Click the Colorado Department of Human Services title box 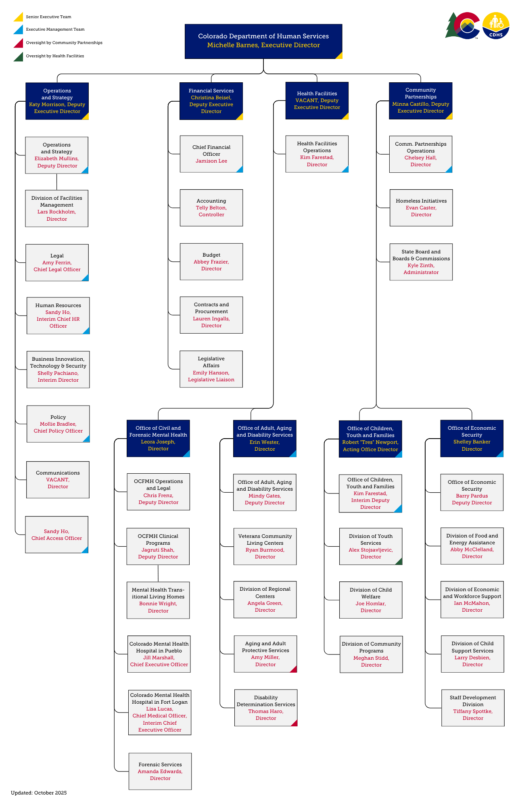tap(263, 41)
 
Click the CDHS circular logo tap(496, 26)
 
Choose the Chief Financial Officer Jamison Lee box tap(211, 154)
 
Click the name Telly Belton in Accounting tap(211, 208)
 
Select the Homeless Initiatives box tap(421, 208)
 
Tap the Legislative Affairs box tap(211, 369)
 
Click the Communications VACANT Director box tap(58, 480)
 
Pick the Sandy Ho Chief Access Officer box tap(56, 535)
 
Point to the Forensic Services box tap(160, 771)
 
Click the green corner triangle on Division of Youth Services tap(399, 561)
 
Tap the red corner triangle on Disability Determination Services tap(294, 723)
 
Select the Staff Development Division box tap(473, 708)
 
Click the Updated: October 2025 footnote tap(39, 793)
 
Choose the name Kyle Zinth tap(421, 266)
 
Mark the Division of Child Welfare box tap(371, 600)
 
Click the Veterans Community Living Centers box tap(265, 546)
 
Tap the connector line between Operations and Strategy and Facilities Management tap(56, 182)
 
